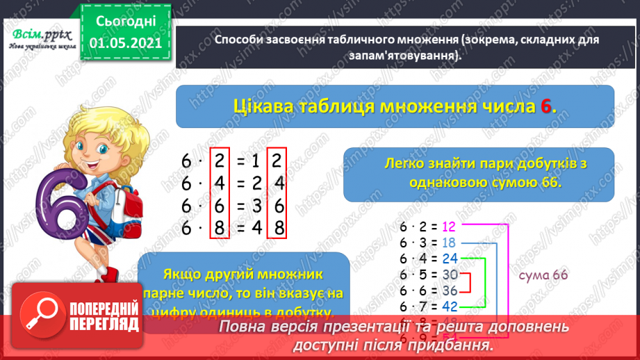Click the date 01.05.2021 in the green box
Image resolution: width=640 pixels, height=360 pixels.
tap(122, 43)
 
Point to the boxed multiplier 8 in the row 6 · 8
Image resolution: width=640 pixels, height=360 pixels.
tap(220, 228)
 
